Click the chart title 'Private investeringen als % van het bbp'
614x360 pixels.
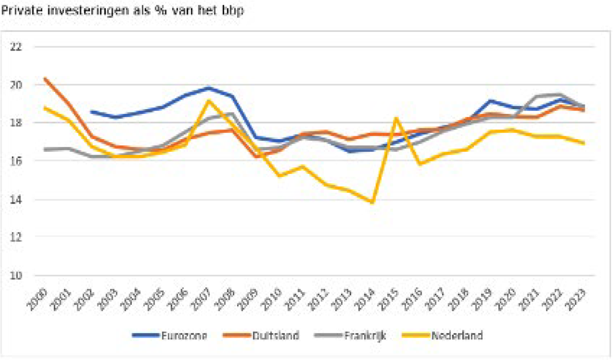pos(122,11)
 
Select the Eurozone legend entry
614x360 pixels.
pos(184,336)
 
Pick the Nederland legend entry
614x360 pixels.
pos(456,336)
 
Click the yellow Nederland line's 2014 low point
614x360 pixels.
pos(372,202)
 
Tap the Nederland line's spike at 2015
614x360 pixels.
pos(396,118)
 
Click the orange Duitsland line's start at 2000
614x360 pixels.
pos(44,78)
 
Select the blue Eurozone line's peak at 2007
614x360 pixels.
pos(208,88)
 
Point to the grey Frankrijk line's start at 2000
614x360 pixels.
pos(44,149)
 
